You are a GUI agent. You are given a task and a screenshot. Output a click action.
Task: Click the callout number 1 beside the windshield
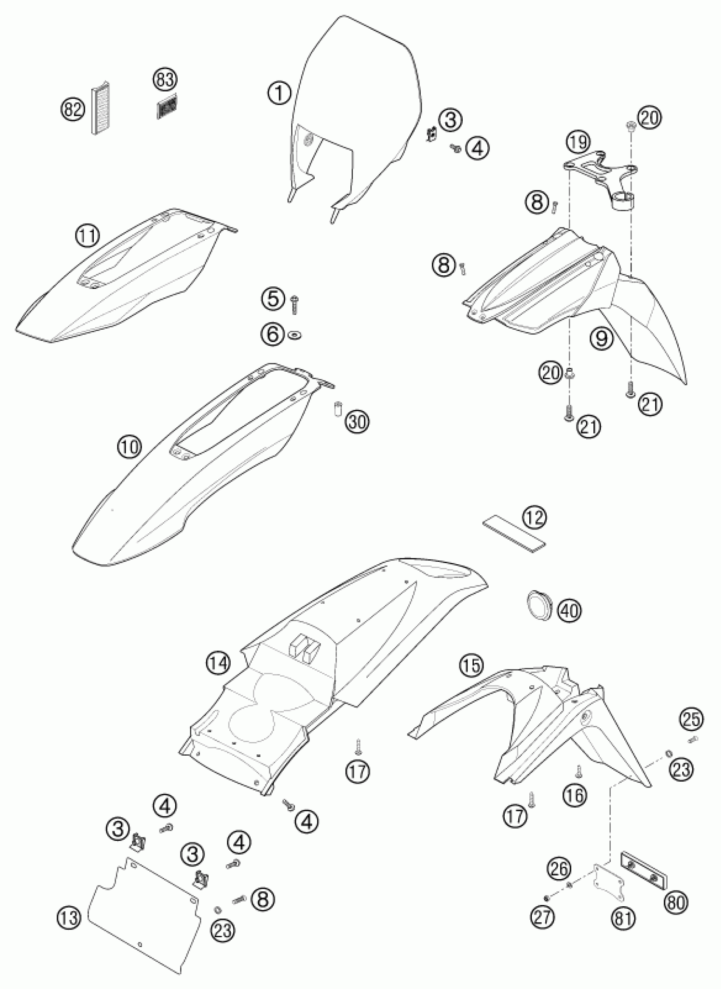[279, 93]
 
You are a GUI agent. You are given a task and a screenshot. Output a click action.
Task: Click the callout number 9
[602, 338]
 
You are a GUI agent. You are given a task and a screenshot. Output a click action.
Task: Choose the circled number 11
[88, 236]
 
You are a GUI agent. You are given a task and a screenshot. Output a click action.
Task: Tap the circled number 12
[536, 518]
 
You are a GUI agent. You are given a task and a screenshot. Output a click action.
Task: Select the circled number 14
[218, 664]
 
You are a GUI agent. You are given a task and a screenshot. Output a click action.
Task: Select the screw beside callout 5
[294, 304]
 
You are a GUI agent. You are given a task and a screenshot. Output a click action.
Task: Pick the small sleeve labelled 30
[337, 410]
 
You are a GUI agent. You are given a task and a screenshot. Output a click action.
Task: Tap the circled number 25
[691, 720]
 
